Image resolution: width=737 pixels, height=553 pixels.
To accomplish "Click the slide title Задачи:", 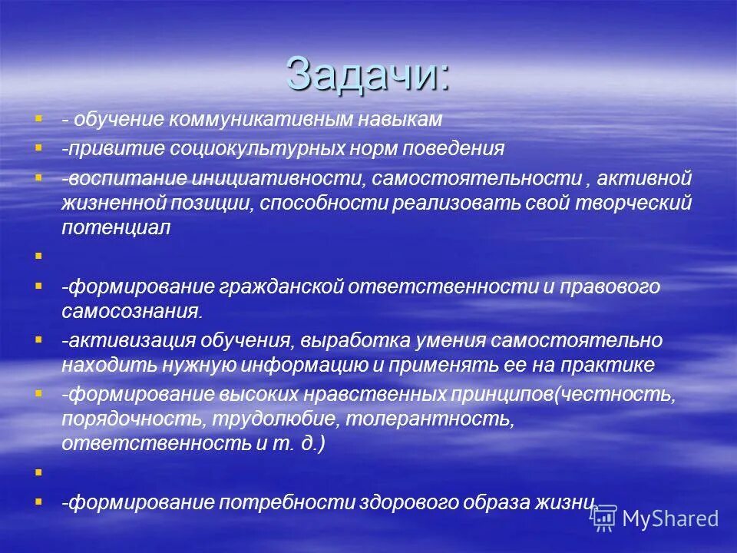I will (368, 75).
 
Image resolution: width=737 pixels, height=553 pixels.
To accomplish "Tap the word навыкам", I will (405, 120).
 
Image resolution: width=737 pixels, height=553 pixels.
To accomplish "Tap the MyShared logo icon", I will (603, 518).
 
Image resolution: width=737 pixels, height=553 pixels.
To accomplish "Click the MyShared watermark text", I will (670, 519).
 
